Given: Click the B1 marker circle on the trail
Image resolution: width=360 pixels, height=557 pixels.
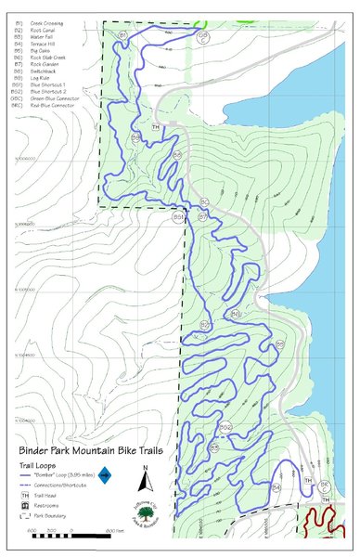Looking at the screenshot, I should pyautogui.click(x=122, y=34).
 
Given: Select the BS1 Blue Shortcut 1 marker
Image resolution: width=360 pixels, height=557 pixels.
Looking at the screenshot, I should pyautogui.click(x=178, y=217).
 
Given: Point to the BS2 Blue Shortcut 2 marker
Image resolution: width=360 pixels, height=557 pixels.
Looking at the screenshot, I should pyautogui.click(x=225, y=427).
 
